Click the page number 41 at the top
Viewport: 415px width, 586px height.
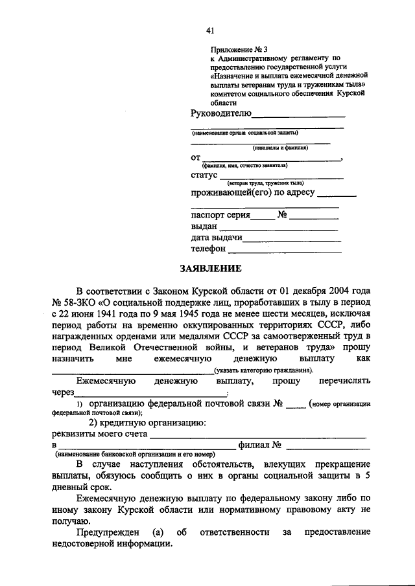pyautogui.click(x=209, y=30)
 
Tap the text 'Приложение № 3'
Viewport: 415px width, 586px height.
pyautogui.click(x=239, y=49)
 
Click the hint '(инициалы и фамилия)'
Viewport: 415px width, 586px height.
pyautogui.click(x=280, y=148)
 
